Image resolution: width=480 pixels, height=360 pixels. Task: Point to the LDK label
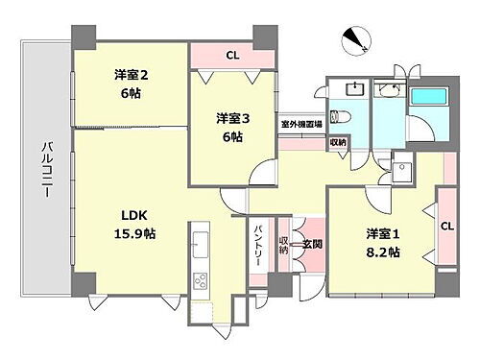(132, 214)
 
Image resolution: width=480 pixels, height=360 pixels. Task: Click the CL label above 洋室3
(231, 55)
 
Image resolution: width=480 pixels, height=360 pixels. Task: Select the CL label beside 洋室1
(447, 227)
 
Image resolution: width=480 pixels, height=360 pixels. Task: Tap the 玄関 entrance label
(311, 244)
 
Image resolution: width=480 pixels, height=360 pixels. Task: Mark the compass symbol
(357, 40)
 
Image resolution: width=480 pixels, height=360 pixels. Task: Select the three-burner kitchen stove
(201, 281)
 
